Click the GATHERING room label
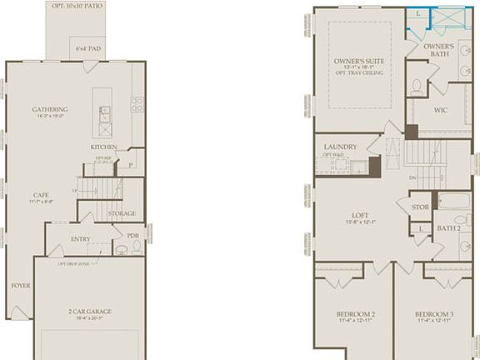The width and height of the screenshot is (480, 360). click(x=50, y=109)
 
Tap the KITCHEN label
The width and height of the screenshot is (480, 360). click(x=104, y=147)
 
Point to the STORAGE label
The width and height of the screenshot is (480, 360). click(x=122, y=214)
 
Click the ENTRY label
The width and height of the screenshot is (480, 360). click(x=80, y=239)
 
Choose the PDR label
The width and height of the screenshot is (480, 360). click(x=132, y=236)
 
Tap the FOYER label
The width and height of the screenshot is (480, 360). click(x=20, y=285)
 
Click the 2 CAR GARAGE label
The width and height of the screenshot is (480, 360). click(x=90, y=311)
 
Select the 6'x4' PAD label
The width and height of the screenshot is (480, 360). click(x=81, y=49)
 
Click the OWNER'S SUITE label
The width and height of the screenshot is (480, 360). click(x=359, y=61)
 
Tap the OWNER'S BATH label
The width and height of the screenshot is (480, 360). click(x=439, y=51)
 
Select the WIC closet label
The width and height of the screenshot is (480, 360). click(x=441, y=110)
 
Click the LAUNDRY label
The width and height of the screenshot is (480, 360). click(x=340, y=147)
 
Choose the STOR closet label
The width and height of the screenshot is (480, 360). click(x=420, y=206)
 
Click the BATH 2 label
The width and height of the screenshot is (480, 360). click(x=449, y=227)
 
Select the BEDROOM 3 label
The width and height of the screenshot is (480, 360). click(x=433, y=313)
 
